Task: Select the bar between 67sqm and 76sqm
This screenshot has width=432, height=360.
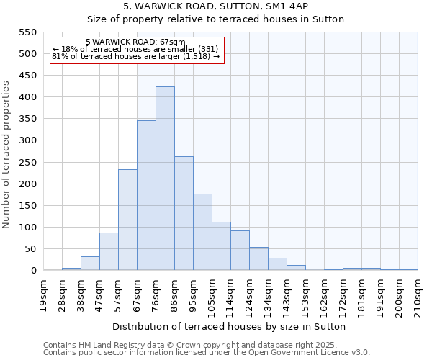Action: pyautogui.click(x=146, y=195)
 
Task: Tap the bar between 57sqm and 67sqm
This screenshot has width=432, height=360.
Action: pyautogui.click(x=127, y=220)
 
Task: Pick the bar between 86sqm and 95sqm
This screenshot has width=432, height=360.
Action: pyautogui.click(x=184, y=213)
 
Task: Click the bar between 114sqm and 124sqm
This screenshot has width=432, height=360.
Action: pyautogui.click(x=240, y=251)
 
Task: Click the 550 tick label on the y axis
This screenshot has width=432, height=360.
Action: pyautogui.click(x=27, y=32)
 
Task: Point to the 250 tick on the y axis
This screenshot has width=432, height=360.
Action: pyautogui.click(x=27, y=162)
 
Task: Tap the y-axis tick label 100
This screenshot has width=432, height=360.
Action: pyautogui.click(x=27, y=228)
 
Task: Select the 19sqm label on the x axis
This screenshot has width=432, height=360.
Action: pyautogui.click(x=43, y=294)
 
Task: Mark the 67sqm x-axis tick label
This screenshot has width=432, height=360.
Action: pyautogui.click(x=137, y=294)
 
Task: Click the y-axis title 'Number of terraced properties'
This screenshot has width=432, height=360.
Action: pyautogui.click(x=6, y=155)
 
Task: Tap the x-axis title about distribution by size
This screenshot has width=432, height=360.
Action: pyautogui.click(x=230, y=326)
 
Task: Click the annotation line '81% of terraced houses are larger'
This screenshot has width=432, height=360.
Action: pyautogui.click(x=135, y=55)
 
